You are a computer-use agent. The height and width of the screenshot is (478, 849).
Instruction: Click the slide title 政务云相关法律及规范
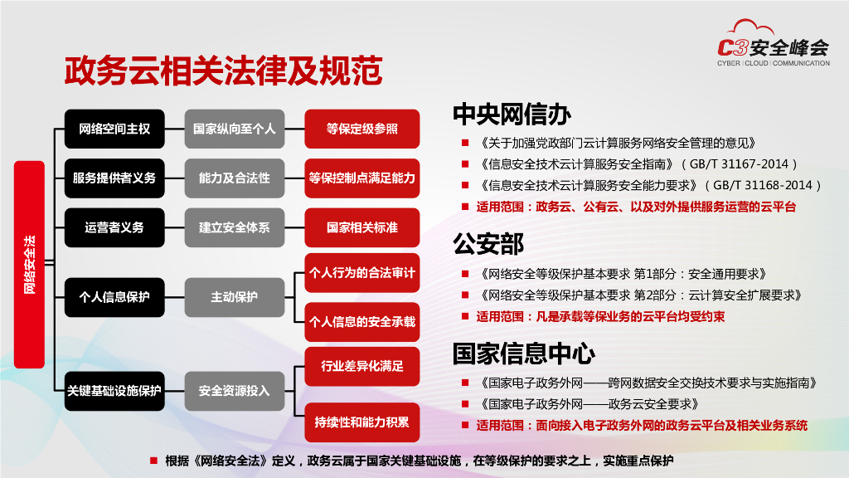[223, 71]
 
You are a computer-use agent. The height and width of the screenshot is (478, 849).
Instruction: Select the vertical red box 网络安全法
[30, 265]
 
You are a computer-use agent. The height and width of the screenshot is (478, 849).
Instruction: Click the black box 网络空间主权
[114, 129]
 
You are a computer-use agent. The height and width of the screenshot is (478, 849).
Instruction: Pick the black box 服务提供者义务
[114, 178]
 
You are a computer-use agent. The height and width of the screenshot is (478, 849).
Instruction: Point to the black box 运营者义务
[114, 227]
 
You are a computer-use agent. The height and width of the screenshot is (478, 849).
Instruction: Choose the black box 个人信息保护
[114, 296]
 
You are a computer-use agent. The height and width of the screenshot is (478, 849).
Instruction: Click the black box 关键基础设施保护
[114, 390]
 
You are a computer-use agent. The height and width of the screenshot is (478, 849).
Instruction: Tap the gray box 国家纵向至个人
[234, 129]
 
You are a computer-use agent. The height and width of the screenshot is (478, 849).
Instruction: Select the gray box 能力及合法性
[234, 178]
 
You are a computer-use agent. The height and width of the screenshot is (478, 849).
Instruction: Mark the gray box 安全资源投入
[234, 390]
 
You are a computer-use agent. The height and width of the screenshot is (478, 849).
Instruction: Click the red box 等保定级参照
[362, 129]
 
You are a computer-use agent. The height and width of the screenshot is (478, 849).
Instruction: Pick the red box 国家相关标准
[362, 227]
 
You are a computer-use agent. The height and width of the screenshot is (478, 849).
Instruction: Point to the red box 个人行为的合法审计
[362, 272]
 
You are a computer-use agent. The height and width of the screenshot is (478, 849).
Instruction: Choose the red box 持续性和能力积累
[362, 422]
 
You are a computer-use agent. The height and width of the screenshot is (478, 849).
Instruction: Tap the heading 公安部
[488, 244]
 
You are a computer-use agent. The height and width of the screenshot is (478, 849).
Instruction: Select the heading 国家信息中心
[524, 354]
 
